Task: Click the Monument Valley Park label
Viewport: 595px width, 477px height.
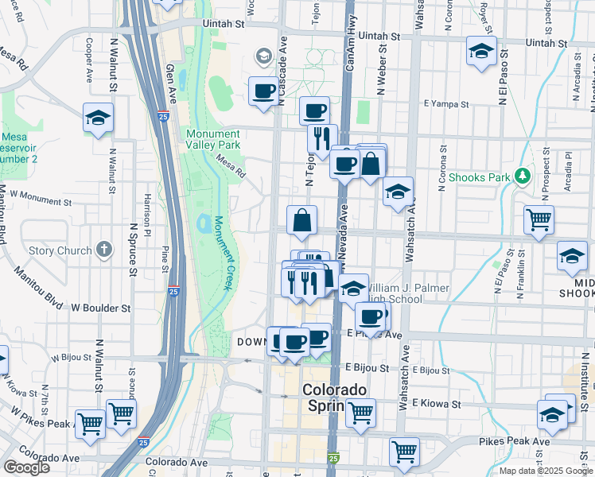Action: click(x=213, y=140)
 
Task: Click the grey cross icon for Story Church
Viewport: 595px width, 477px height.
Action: click(x=104, y=250)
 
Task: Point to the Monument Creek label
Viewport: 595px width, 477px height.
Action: click(x=221, y=257)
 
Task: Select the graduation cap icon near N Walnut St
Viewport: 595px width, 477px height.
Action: click(x=99, y=118)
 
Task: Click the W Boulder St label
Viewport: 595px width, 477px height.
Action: click(x=100, y=307)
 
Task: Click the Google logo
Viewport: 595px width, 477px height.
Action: click(x=25, y=467)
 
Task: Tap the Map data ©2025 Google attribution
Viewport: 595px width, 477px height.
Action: click(x=545, y=471)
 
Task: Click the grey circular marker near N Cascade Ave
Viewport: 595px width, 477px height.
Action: click(x=262, y=56)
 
